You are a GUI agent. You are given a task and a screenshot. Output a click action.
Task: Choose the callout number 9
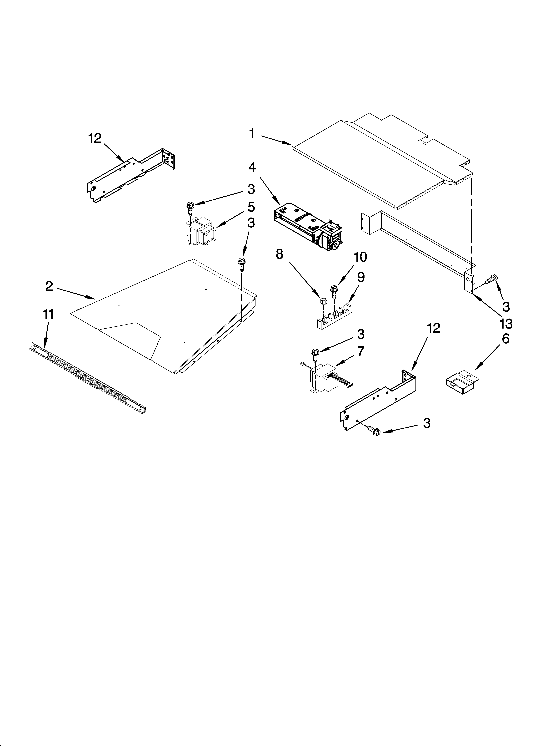coord(361,277)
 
